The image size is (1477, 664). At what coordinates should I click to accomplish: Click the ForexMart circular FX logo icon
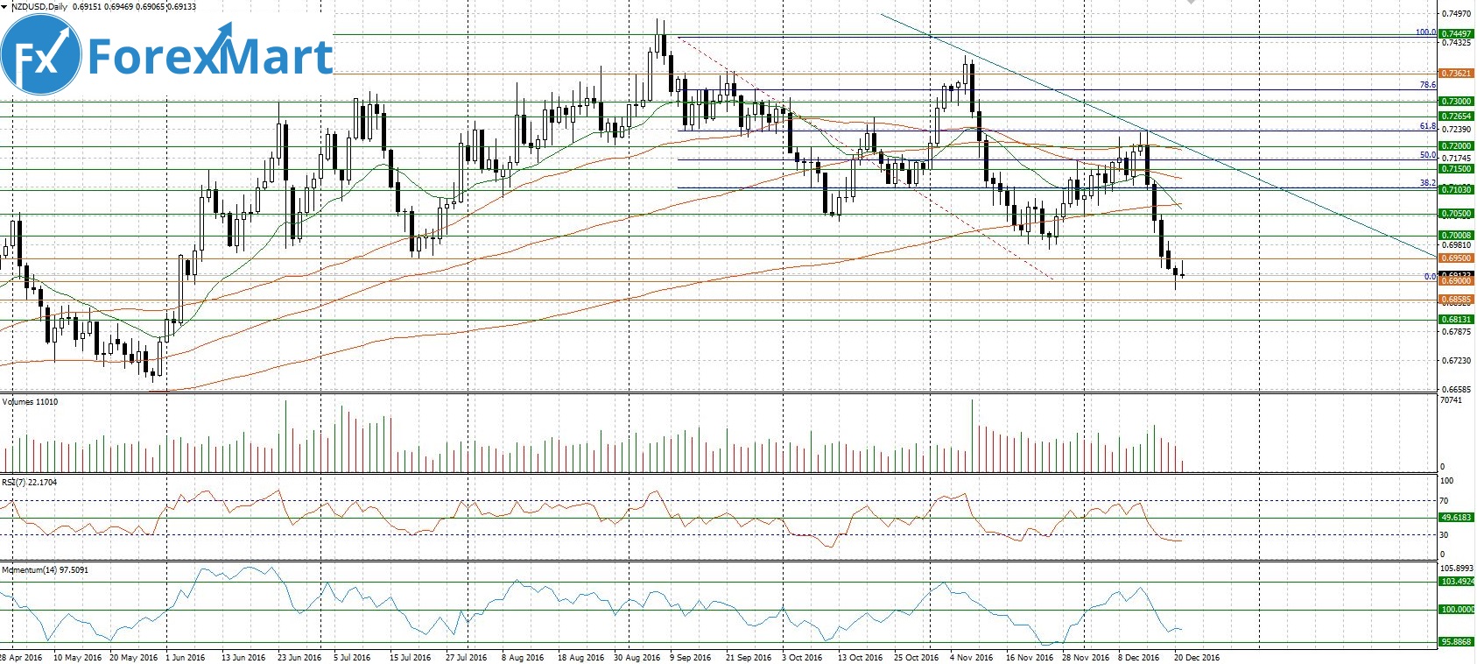[x=41, y=55]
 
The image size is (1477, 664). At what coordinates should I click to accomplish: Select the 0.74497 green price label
[x=1456, y=34]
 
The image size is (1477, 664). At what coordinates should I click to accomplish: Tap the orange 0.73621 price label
[x=1456, y=74]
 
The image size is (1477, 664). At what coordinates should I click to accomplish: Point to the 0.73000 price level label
[x=1456, y=102]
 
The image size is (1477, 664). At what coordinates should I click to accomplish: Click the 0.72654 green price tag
[x=1456, y=117]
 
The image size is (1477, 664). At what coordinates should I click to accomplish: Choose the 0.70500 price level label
[x=1456, y=214]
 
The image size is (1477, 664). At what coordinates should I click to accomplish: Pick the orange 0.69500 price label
[x=1456, y=259]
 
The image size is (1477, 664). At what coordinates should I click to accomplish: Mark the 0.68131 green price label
[x=1456, y=320]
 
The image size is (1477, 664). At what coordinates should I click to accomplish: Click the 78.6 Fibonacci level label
[x=1428, y=85]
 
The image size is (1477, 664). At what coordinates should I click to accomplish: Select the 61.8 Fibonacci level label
[x=1428, y=127]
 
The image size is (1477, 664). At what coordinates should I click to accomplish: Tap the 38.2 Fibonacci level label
[x=1428, y=183]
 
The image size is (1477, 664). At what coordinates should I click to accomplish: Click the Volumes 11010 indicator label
[x=32, y=402]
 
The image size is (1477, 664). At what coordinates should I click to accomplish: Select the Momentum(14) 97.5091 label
[x=46, y=570]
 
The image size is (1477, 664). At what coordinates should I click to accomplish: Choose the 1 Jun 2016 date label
[x=185, y=657]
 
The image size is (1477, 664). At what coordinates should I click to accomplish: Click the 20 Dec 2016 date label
[x=1196, y=657]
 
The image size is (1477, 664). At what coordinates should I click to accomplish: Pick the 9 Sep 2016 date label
[x=691, y=657]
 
